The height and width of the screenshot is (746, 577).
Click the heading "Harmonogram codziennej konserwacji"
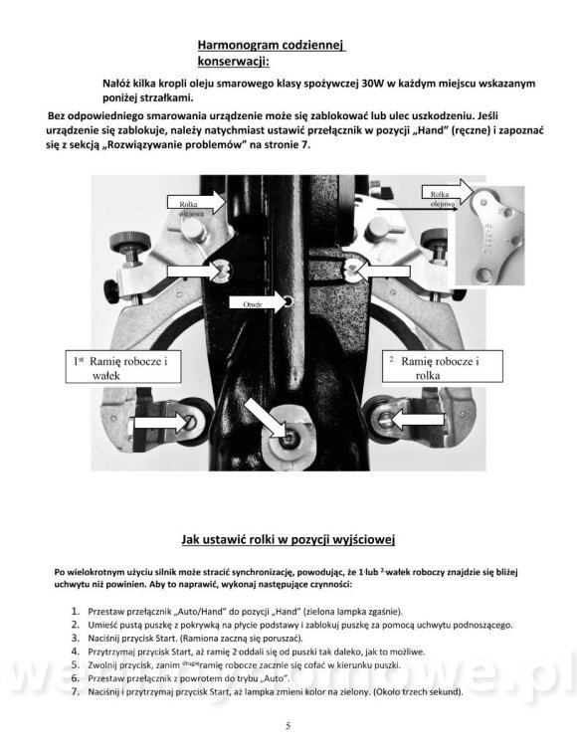(272, 53)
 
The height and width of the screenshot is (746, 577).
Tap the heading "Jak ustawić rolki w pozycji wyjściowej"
(288, 539)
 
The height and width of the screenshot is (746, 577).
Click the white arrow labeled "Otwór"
(260, 303)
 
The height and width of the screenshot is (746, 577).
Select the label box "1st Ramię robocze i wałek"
(123, 367)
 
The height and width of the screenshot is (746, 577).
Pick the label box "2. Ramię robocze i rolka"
(443, 367)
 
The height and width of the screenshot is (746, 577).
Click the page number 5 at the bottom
(288, 725)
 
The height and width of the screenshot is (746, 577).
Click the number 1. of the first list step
(76, 611)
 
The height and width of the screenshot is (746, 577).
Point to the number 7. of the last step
(76, 691)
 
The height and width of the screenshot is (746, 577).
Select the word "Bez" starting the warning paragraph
(57, 115)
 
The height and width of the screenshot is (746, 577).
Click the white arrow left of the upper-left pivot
(195, 272)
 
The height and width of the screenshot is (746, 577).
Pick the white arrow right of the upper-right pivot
(384, 272)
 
